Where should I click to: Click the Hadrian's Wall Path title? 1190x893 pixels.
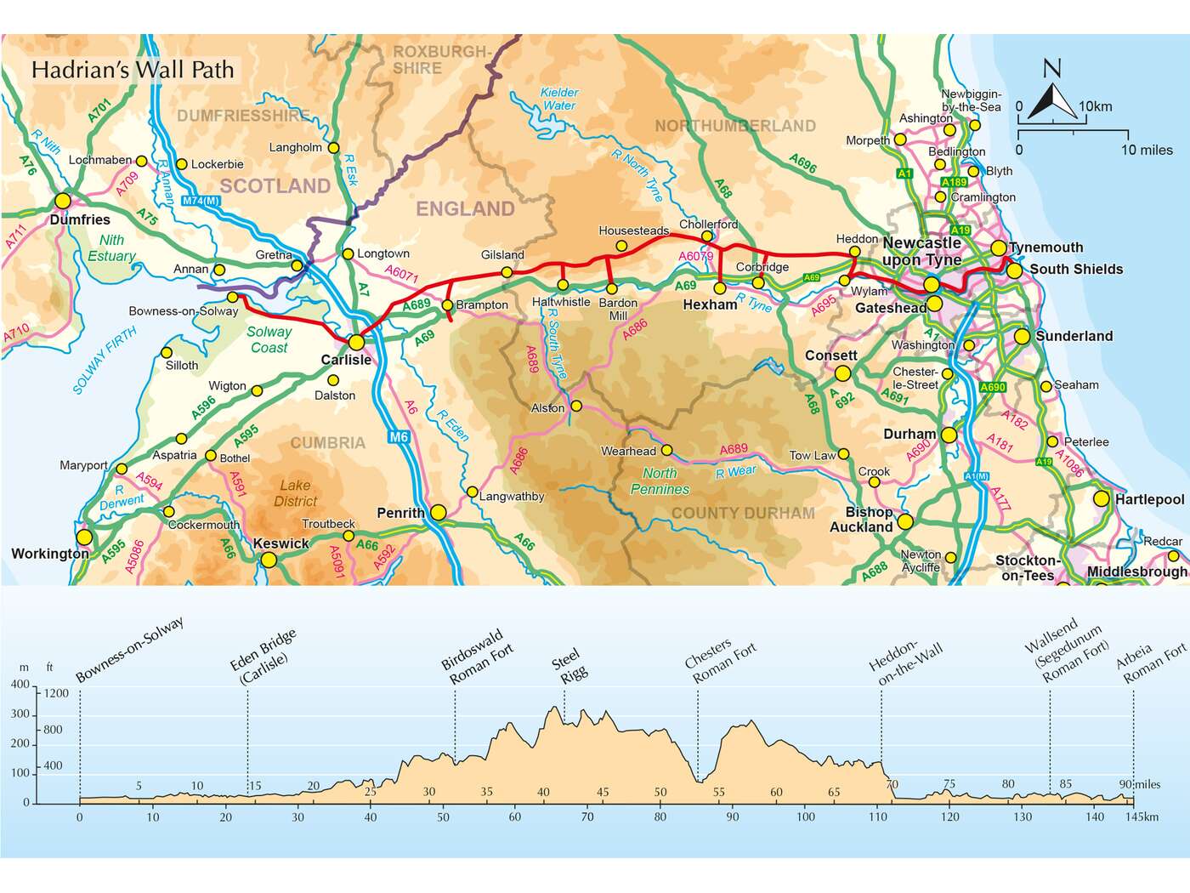pyautogui.click(x=133, y=70)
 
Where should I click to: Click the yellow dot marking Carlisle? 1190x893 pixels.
pyautogui.click(x=356, y=342)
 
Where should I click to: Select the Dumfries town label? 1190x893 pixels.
pyautogui.click(x=80, y=219)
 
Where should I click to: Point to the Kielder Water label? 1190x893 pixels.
pyautogui.click(x=558, y=99)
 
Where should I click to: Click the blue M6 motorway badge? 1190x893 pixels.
pyautogui.click(x=399, y=437)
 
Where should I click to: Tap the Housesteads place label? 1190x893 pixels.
pyautogui.click(x=633, y=230)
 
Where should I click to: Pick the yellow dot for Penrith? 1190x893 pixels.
pyautogui.click(x=438, y=512)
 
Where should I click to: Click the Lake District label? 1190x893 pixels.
pyautogui.click(x=296, y=493)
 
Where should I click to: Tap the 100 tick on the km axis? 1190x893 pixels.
pyautogui.click(x=805, y=816)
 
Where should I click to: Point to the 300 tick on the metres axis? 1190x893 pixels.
pyautogui.click(x=20, y=714)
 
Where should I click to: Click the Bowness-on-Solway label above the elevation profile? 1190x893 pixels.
pyautogui.click(x=130, y=651)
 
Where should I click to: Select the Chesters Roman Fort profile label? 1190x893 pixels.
pyautogui.click(x=720, y=660)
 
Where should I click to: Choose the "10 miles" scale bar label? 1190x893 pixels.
pyautogui.click(x=1147, y=150)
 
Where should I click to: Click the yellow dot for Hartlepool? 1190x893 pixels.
pyautogui.click(x=1102, y=499)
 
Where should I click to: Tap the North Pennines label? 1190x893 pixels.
pyautogui.click(x=660, y=481)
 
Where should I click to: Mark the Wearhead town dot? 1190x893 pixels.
pyautogui.click(x=667, y=451)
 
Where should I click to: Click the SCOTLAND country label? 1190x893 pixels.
pyautogui.click(x=275, y=185)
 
